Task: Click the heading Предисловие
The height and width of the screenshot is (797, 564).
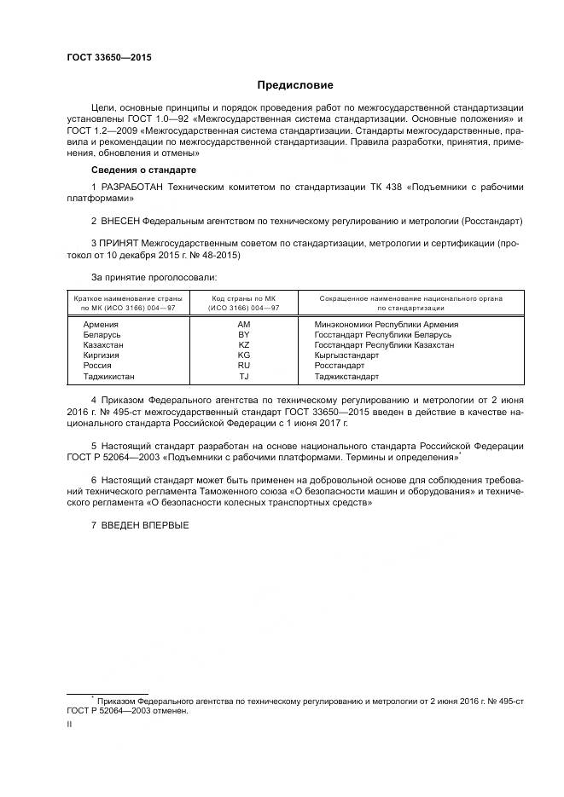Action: [x=295, y=85]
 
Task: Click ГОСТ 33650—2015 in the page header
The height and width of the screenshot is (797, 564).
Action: [x=102, y=58]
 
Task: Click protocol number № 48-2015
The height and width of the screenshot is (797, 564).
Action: [x=212, y=255]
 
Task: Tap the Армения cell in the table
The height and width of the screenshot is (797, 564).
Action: [x=101, y=325]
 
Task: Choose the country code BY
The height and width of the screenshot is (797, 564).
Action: [x=243, y=335]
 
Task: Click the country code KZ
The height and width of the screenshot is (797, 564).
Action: [x=243, y=345]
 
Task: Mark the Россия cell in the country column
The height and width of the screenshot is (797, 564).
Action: [x=97, y=366]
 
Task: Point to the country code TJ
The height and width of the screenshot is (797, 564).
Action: [x=243, y=376]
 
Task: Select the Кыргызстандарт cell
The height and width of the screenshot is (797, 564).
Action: [x=346, y=355]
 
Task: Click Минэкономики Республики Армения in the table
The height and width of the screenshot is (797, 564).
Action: [x=386, y=325]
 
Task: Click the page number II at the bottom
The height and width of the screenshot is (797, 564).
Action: [x=70, y=724]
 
